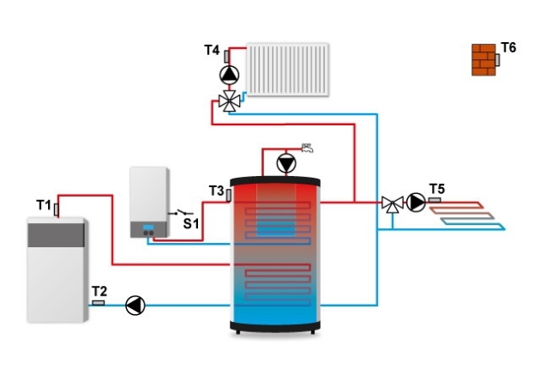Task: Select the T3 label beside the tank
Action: click(x=216, y=190)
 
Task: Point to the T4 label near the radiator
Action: click(x=212, y=51)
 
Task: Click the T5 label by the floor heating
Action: click(x=437, y=189)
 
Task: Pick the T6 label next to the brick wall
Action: click(x=508, y=47)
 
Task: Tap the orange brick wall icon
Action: click(x=483, y=60)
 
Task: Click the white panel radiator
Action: click(x=287, y=70)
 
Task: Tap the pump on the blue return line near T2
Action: click(x=135, y=305)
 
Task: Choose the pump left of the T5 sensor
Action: click(x=416, y=203)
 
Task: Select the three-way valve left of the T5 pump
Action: click(x=392, y=203)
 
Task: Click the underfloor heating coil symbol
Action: click(x=471, y=214)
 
